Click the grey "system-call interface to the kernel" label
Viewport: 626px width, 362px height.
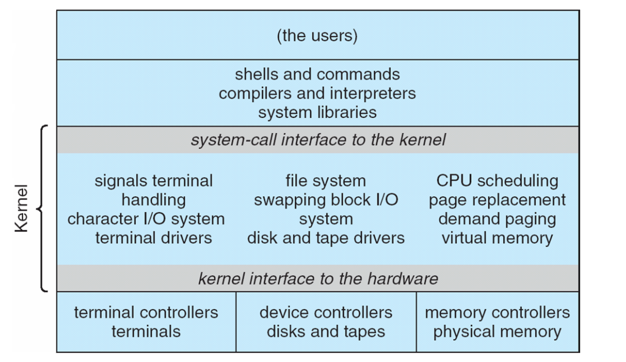click(318, 140)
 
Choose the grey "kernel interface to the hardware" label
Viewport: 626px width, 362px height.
click(318, 279)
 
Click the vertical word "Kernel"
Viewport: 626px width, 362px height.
click(21, 209)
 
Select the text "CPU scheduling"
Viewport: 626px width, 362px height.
click(497, 180)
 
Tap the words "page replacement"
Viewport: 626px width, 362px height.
click(497, 200)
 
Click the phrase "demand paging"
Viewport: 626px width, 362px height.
click(497, 219)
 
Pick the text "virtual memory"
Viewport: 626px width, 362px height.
click(497, 238)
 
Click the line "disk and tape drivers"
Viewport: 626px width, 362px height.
click(326, 238)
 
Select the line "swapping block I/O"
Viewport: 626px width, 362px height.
click(326, 200)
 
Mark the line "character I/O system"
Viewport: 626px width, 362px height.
click(146, 219)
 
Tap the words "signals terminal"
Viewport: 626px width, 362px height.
click(154, 180)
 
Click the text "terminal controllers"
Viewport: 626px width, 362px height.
click(146, 312)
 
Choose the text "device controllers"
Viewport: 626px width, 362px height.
click(326, 312)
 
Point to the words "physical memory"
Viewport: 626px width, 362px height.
click(497, 331)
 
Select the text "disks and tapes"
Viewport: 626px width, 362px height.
click(326, 331)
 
